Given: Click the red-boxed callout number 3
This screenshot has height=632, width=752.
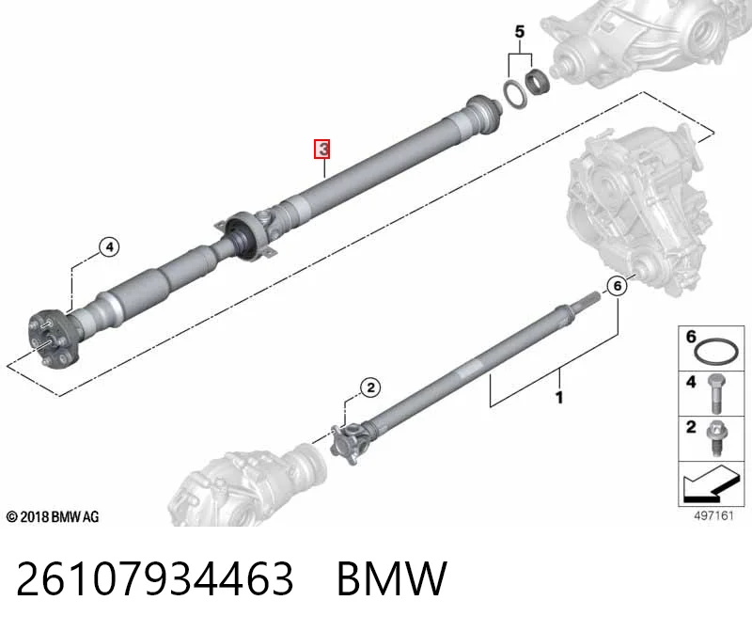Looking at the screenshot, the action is (322, 149).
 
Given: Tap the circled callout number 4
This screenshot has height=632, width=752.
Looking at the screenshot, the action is (109, 247).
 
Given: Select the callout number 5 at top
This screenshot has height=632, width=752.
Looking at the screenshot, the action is (520, 32).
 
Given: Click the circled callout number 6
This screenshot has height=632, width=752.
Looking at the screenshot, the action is (617, 286).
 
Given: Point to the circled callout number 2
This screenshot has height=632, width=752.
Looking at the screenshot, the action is (370, 387).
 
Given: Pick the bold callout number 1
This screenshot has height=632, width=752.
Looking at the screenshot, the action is (558, 397).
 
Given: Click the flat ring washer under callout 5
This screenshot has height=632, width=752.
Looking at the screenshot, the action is (514, 94).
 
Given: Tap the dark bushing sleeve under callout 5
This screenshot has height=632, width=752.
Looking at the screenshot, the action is (536, 82).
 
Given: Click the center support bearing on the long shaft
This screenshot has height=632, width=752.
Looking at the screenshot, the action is (245, 235).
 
